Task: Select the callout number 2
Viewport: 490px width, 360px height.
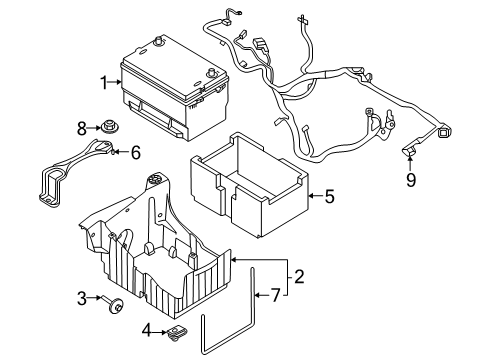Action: click(x=297, y=278)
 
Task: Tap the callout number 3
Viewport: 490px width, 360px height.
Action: click(x=81, y=298)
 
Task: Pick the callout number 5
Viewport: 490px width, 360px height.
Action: click(x=327, y=196)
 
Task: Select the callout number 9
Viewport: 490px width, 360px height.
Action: click(x=409, y=181)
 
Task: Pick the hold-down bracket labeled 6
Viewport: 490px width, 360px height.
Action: click(x=65, y=170)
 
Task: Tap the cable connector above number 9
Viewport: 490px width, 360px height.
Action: click(x=409, y=150)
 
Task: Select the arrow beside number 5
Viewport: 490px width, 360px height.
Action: click(x=314, y=196)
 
